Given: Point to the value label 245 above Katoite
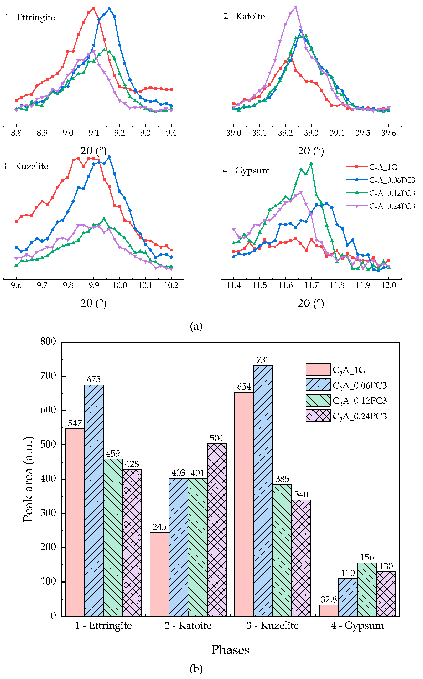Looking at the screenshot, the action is coord(159,527).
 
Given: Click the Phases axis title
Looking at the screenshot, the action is coord(230,650).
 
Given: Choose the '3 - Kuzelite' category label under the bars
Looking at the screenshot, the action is coord(273,626).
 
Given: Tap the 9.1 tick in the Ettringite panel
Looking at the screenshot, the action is coord(94,133).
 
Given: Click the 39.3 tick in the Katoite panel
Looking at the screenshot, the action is coord(311,133).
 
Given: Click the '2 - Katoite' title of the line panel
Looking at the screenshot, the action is coord(244,16).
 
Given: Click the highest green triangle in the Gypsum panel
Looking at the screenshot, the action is coord(311,163).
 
